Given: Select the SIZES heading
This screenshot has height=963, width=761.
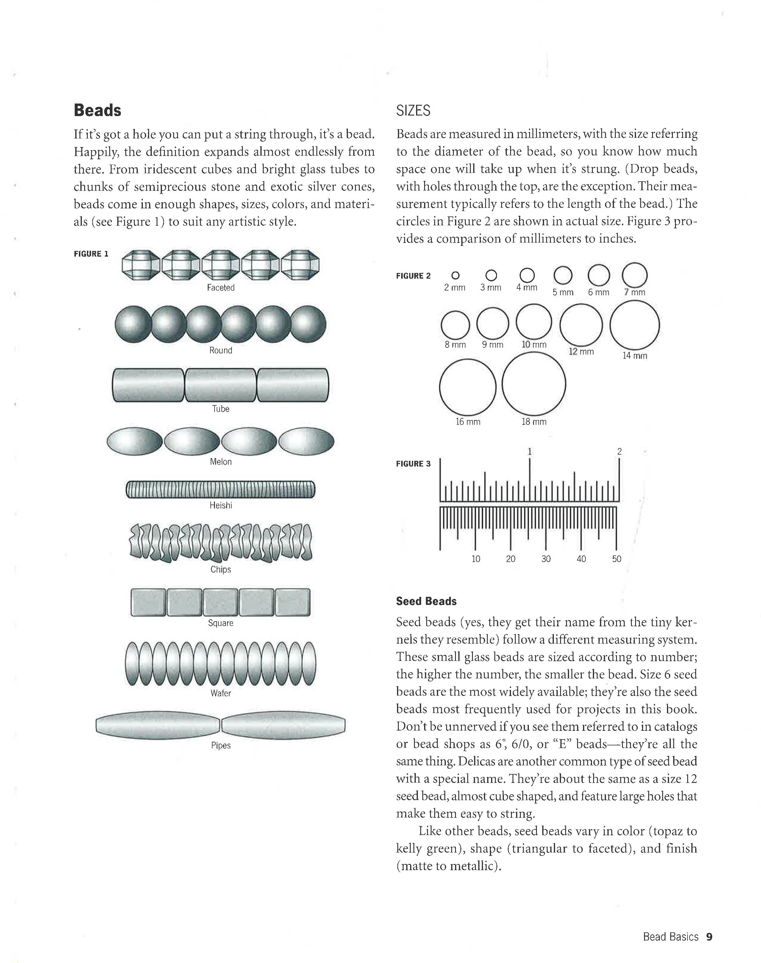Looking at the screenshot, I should point(413,110).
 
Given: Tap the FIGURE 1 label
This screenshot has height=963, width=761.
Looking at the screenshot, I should point(91,254).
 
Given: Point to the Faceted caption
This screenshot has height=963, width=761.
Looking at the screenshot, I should point(221,288).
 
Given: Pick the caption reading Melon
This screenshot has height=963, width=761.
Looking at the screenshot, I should point(221,462).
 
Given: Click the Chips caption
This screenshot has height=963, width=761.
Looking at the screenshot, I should point(221,569).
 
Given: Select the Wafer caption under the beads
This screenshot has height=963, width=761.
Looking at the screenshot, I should point(221,693).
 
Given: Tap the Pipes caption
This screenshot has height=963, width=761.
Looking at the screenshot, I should point(221,745).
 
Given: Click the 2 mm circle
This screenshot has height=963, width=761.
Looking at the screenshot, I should point(455,276).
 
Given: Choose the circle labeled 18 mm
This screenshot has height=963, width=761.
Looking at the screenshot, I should point(534,384).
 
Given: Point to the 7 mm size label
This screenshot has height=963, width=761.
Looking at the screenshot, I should point(635,292).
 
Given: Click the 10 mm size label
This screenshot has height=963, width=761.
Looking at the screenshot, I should point(534,344).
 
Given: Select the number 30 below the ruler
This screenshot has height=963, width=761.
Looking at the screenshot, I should point(546,559).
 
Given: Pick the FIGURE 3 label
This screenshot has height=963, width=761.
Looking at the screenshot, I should point(413,464).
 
